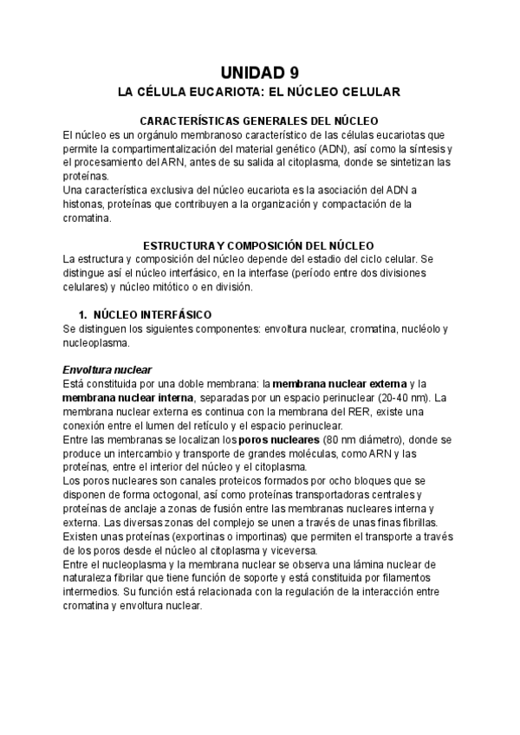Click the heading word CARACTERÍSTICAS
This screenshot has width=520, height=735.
(193, 121)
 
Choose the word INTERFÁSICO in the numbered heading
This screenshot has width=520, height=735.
(174, 314)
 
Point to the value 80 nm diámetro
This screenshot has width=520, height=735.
(368, 439)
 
